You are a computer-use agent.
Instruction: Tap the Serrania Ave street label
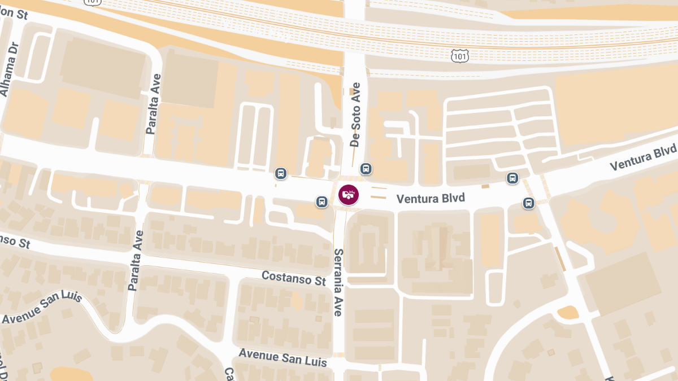pyautogui.click(x=338, y=282)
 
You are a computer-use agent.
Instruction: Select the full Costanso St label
pyautogui.click(x=294, y=278)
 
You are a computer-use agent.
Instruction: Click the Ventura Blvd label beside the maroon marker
pyautogui.click(x=431, y=199)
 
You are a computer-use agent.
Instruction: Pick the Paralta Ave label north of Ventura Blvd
pyautogui.click(x=153, y=104)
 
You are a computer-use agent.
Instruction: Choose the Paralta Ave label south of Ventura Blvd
pyautogui.click(x=136, y=260)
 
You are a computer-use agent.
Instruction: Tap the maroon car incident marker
pyautogui.click(x=349, y=195)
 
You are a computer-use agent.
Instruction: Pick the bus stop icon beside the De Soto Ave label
pyautogui.click(x=366, y=168)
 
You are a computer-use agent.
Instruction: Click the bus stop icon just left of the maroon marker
pyautogui.click(x=321, y=202)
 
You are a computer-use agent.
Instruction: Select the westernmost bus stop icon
pyautogui.click(x=281, y=173)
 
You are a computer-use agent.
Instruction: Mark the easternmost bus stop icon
pyautogui.click(x=529, y=203)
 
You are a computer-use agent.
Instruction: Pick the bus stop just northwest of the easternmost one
pyautogui.click(x=512, y=178)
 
